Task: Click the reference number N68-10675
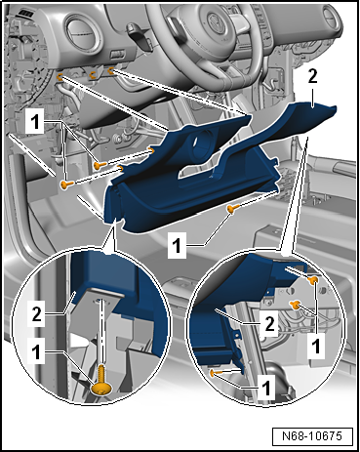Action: click(x=312, y=435)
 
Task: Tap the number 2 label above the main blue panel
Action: click(x=312, y=77)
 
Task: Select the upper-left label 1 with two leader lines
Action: click(x=35, y=122)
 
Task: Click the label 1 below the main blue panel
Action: click(x=177, y=246)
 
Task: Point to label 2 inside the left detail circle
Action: click(x=36, y=314)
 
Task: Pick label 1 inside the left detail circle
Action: click(x=36, y=352)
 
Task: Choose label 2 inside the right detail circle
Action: click(x=269, y=324)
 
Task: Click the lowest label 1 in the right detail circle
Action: click(x=266, y=389)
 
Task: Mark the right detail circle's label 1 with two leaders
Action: click(x=316, y=346)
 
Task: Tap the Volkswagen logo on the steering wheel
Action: click(x=216, y=22)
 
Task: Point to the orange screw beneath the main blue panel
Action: click(x=232, y=209)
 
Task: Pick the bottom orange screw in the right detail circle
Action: click(x=214, y=373)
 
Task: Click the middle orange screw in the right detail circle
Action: click(x=295, y=305)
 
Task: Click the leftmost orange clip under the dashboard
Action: click(x=60, y=77)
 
